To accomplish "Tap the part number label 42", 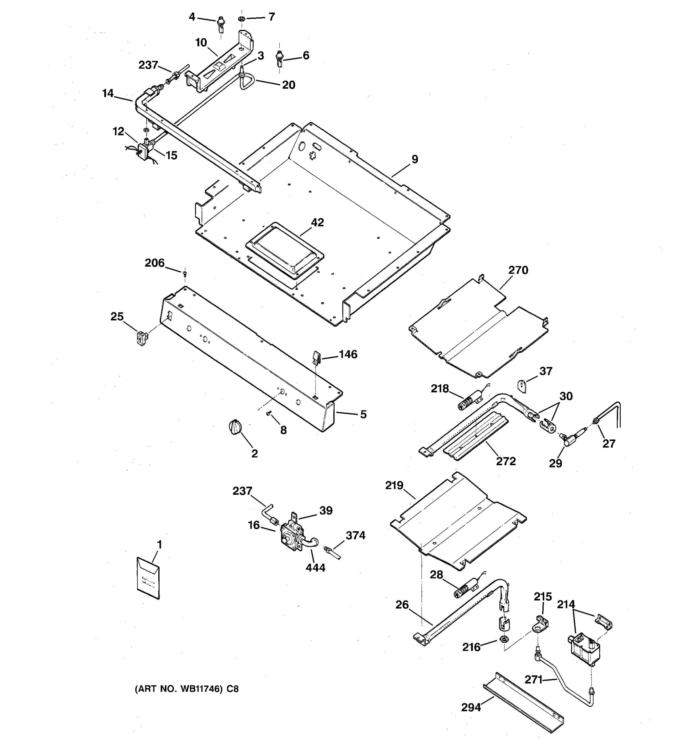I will click(317, 223).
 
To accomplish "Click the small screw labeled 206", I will click(184, 274).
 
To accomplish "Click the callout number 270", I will click(518, 270).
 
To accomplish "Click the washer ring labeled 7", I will click(241, 18).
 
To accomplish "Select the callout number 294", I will click(471, 707).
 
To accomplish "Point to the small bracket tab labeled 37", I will click(523, 386).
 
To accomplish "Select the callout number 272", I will click(506, 461).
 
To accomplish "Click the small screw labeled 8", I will click(269, 413).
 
